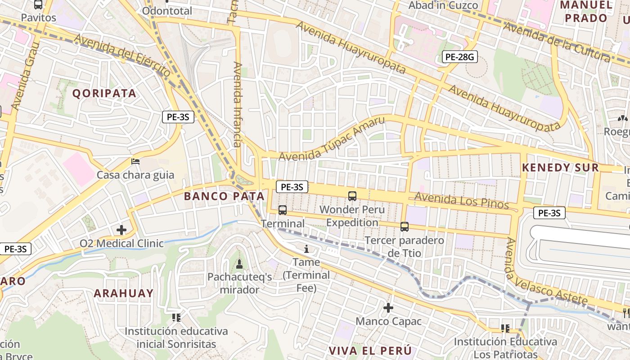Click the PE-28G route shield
pyautogui.click(x=459, y=57)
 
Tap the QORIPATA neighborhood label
pyautogui.click(x=104, y=93)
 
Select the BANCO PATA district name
pyautogui.click(x=224, y=196)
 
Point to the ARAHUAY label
pyautogui.click(x=124, y=293)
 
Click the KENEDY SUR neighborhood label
pyautogui.click(x=560, y=168)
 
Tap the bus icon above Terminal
pyautogui.click(x=283, y=210)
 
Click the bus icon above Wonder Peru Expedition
pyautogui.click(x=352, y=196)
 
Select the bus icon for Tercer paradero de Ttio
pyautogui.click(x=405, y=227)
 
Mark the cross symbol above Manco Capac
pyautogui.click(x=388, y=308)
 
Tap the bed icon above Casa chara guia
pyautogui.click(x=135, y=161)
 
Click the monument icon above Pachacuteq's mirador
pyautogui.click(x=239, y=263)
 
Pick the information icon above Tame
pyautogui.click(x=306, y=249)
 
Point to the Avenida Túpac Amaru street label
pyautogui.click(x=332, y=139)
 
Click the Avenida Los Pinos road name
pyautogui.click(x=461, y=201)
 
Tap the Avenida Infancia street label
pyautogui.click(x=237, y=104)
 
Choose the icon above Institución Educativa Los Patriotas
pyautogui.click(x=505, y=328)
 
